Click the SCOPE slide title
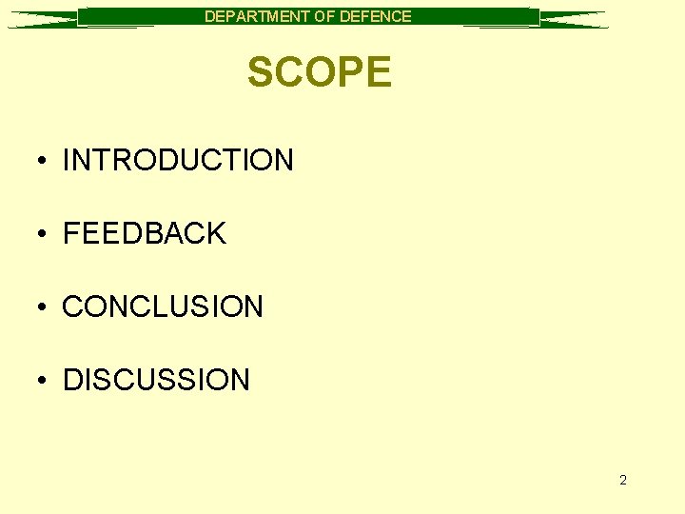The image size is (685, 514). [319, 72]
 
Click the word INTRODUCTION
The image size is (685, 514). [178, 160]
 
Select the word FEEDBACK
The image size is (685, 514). [144, 233]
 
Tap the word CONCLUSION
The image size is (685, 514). [163, 306]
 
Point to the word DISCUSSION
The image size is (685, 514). [156, 380]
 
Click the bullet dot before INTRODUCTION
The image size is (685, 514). [45, 161]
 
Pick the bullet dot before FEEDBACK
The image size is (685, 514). [45, 234]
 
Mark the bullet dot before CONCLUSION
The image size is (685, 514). [45, 307]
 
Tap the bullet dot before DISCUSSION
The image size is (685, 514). [45, 381]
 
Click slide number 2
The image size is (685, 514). [623, 480]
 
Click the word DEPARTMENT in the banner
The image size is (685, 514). [252, 16]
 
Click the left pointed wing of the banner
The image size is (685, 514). [43, 19]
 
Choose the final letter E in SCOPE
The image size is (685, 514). [379, 72]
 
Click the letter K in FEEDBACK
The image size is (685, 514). [216, 233]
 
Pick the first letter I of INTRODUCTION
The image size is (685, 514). [67, 160]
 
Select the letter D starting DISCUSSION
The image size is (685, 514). [72, 380]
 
